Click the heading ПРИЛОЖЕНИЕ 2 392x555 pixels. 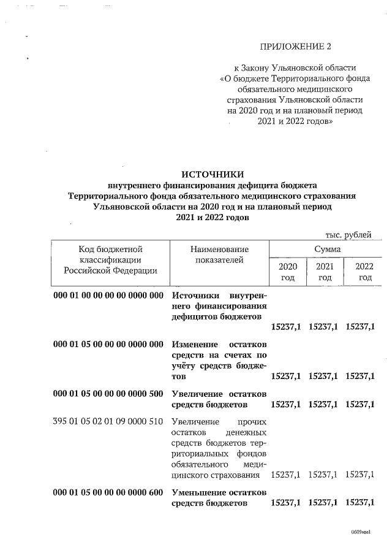click(x=299, y=46)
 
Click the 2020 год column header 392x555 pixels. click(x=288, y=272)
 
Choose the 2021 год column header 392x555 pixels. click(x=325, y=272)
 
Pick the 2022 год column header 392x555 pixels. click(x=364, y=272)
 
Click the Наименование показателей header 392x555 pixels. click(x=220, y=255)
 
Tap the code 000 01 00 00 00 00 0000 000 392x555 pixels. click(x=108, y=295)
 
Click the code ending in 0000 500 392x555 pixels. click(x=108, y=392)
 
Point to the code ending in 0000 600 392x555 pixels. click(x=108, y=492)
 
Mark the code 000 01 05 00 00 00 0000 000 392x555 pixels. click(x=108, y=343)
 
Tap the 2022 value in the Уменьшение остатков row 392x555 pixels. click(x=360, y=503)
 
